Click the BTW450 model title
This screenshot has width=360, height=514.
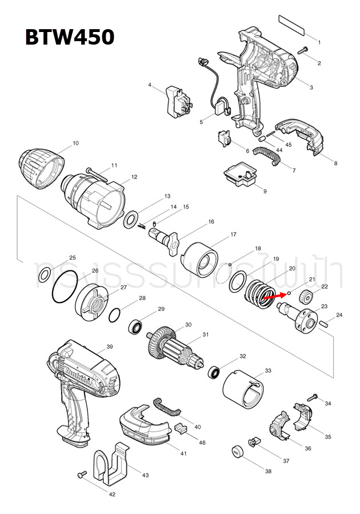69,37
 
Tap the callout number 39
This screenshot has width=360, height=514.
110,346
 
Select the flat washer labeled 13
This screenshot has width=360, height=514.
131,218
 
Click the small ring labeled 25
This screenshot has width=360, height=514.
43,277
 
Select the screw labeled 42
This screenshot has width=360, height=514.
81,475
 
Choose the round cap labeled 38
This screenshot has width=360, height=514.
237,452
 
